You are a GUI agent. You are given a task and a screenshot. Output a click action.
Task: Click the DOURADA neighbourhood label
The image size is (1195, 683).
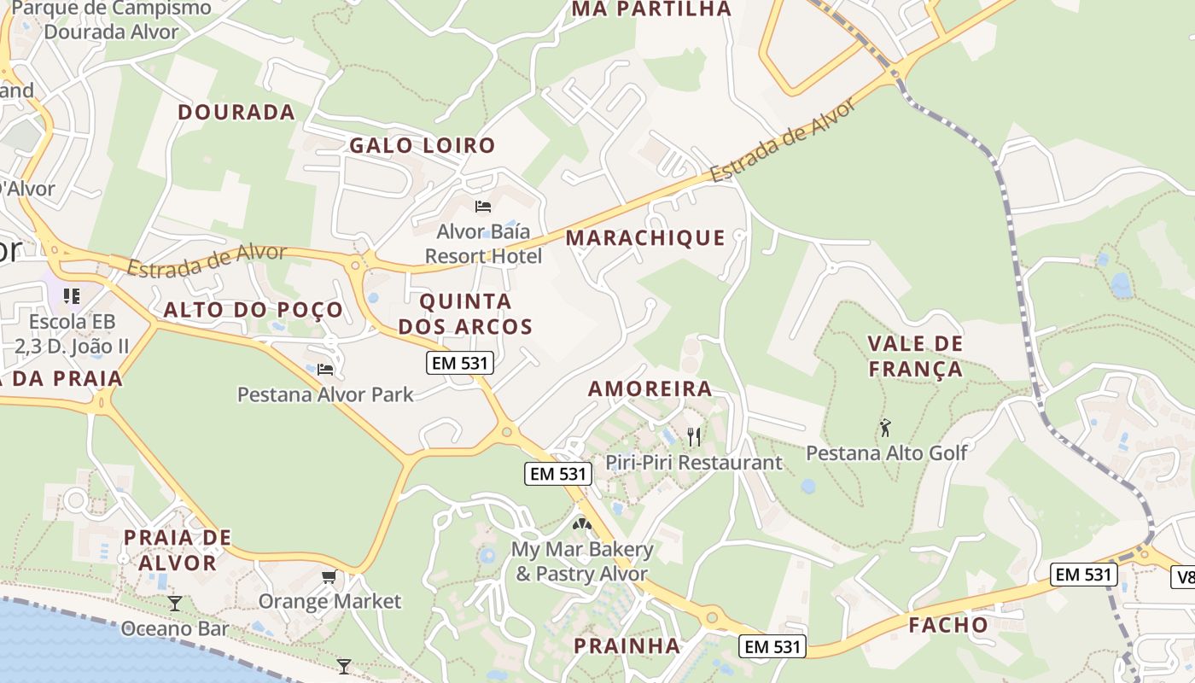(x=236, y=112)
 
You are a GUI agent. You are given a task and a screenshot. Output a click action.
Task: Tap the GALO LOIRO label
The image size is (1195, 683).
(x=423, y=145)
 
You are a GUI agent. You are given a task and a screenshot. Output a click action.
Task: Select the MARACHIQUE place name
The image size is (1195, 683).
(x=645, y=238)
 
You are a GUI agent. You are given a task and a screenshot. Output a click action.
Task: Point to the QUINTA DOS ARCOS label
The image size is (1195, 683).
(x=465, y=314)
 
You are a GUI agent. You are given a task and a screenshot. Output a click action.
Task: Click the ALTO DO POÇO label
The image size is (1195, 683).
(x=254, y=310)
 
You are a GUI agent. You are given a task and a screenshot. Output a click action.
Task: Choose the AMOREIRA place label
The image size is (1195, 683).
(x=650, y=388)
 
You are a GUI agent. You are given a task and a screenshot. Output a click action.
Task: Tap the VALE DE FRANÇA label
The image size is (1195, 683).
(x=915, y=357)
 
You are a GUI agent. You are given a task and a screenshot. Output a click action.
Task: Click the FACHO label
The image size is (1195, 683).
(x=948, y=625)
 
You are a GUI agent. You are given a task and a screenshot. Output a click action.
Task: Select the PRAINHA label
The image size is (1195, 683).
(x=627, y=645)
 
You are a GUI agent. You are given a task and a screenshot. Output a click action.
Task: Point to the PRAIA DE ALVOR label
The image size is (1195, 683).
(x=177, y=550)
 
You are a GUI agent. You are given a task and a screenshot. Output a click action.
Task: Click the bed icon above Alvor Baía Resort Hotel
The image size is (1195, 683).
(x=483, y=207)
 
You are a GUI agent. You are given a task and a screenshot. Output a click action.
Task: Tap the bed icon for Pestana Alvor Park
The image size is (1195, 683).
(x=325, y=370)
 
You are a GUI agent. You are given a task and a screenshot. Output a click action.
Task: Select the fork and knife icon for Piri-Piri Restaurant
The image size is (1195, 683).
(x=694, y=437)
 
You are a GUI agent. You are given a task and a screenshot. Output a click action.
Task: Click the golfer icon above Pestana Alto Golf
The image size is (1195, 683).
(x=886, y=427)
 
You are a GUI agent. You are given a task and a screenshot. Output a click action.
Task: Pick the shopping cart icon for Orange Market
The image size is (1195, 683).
(x=329, y=578)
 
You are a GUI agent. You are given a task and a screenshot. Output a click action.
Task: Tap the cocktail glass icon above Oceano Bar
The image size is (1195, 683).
(x=175, y=604)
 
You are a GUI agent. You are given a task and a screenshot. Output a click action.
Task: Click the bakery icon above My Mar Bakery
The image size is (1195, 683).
(x=581, y=524)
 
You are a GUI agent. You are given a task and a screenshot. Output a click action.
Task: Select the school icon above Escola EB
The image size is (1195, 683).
(x=72, y=296)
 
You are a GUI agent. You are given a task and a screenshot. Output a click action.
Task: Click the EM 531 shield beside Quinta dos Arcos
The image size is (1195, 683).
(x=459, y=363)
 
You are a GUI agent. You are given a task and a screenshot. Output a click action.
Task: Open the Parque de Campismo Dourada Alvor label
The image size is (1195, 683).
(x=112, y=20)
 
